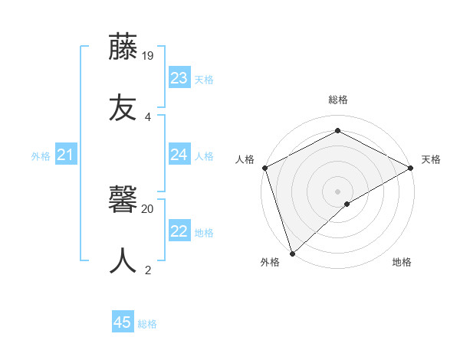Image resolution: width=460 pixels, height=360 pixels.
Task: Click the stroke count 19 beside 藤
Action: [149, 56]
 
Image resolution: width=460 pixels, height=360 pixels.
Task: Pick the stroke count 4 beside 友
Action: [148, 116]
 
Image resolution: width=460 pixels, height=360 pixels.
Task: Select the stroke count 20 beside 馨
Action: [148, 208]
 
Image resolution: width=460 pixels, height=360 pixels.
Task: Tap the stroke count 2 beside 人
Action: [148, 269]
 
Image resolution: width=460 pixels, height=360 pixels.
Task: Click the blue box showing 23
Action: [179, 78]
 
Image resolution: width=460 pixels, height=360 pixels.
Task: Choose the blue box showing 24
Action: [179, 155]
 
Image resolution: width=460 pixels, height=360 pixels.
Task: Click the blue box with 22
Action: [179, 231]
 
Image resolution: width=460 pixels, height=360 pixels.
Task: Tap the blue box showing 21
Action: [66, 155]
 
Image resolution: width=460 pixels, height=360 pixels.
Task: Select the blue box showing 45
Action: [123, 322]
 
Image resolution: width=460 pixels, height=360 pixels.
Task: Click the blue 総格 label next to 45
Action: [147, 324]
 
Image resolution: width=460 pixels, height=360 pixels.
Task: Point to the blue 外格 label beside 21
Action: [41, 156]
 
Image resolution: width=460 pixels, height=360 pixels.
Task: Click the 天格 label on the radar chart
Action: [431, 159]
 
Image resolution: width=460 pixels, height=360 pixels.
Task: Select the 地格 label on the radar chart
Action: [402, 262]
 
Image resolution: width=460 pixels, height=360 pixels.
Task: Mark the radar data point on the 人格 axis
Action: [265, 168]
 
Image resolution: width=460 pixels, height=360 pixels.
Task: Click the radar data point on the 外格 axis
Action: [292, 253]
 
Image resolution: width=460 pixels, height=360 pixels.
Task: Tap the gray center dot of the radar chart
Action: [338, 191]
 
